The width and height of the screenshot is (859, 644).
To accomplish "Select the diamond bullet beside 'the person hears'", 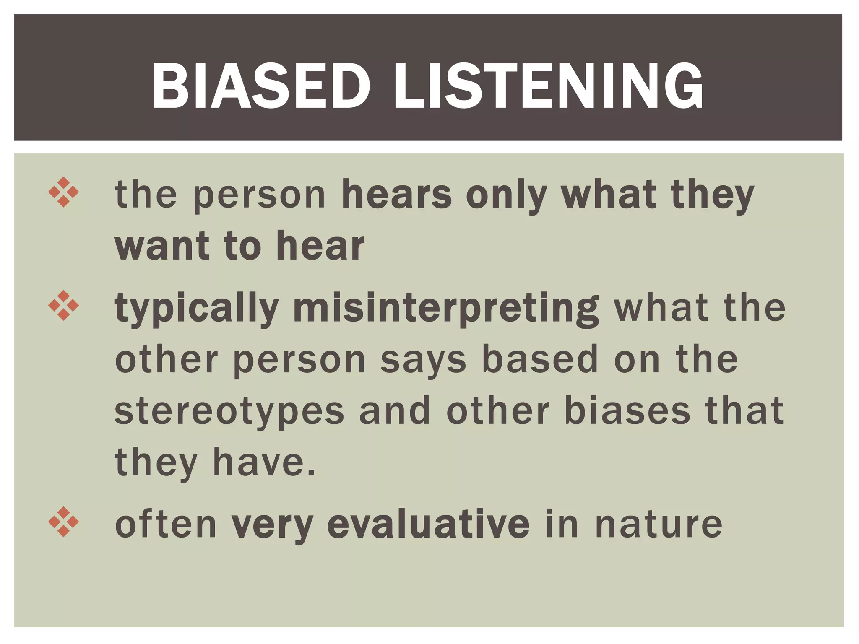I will [63, 192].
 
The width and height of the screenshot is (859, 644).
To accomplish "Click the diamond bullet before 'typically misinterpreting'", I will [63, 306].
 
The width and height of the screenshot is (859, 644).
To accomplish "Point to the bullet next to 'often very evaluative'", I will [63, 522].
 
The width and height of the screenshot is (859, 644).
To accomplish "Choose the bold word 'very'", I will [272, 525].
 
